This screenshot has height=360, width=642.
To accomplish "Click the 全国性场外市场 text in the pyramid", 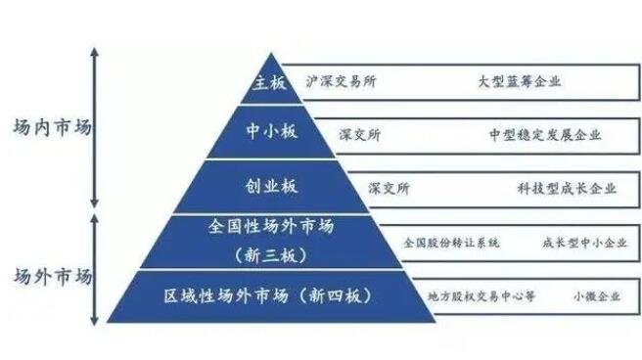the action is click(x=271, y=227).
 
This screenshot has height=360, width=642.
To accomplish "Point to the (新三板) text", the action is click(x=271, y=255).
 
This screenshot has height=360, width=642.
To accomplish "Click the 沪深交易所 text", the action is click(x=341, y=82).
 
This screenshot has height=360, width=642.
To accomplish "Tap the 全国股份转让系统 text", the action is click(x=451, y=241).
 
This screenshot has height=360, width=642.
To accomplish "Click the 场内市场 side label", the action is click(x=48, y=128).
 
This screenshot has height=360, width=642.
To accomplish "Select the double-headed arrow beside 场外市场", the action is click(x=94, y=269).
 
